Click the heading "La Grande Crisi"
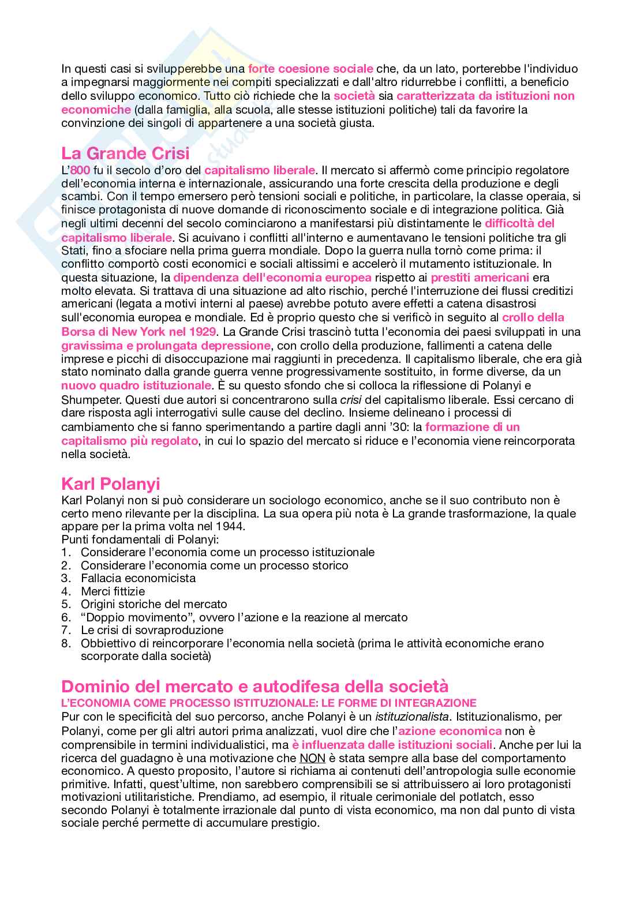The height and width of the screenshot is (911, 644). pos(125,153)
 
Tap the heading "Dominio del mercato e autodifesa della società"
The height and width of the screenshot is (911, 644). pos(254,687)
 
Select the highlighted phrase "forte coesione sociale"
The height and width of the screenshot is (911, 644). pos(310,69)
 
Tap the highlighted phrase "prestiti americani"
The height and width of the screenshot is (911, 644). pos(480,278)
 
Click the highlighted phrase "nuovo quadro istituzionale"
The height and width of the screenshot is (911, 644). pos(136,385)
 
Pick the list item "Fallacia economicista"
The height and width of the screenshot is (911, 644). pos(138,578)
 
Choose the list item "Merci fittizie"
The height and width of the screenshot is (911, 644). pos(113,591)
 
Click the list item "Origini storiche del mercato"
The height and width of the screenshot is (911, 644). pos(153,604)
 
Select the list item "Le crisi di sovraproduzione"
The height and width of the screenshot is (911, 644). pos(152,630)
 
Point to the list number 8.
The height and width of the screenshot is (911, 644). pos(66,643)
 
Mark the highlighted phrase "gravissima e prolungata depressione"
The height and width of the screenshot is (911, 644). pos(166,346)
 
